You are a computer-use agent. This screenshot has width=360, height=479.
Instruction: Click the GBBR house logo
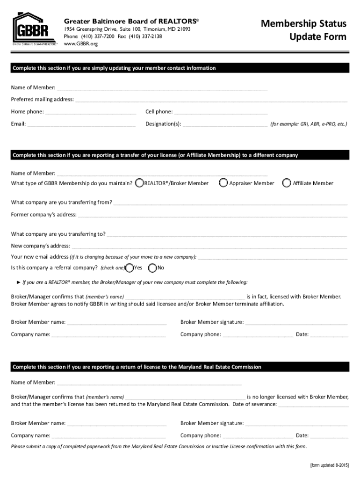(x=31, y=29)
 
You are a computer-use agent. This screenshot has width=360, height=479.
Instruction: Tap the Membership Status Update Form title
(x=303, y=30)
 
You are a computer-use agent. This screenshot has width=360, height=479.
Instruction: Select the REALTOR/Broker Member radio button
(x=139, y=183)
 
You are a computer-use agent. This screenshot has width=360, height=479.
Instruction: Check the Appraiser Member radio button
(x=224, y=183)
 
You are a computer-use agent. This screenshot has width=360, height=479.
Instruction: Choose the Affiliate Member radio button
(x=287, y=183)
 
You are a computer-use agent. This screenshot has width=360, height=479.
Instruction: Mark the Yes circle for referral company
(x=129, y=268)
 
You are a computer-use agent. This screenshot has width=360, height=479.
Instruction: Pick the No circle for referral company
(x=152, y=268)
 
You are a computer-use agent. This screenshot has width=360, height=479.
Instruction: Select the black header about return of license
(x=180, y=367)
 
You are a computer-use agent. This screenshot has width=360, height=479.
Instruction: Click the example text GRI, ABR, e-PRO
(x=309, y=124)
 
